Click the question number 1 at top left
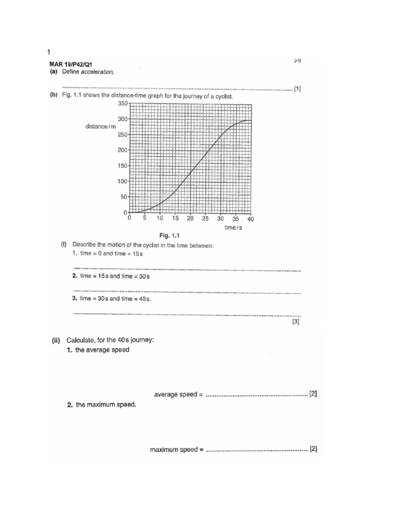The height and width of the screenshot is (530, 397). pyautogui.click(x=49, y=52)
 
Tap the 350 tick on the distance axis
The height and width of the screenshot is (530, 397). pyautogui.click(x=122, y=104)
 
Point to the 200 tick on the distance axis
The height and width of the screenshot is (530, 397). pyautogui.click(x=122, y=150)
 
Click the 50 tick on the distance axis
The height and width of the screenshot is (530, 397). pyautogui.click(x=124, y=197)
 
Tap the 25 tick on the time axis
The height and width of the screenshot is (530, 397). pyautogui.click(x=206, y=219)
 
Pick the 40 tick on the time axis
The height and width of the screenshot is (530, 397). pyautogui.click(x=251, y=219)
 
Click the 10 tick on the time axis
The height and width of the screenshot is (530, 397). pyautogui.click(x=160, y=219)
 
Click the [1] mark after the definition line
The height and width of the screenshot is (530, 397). pyautogui.click(x=297, y=89)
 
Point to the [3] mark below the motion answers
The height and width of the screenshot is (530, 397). pyautogui.click(x=296, y=321)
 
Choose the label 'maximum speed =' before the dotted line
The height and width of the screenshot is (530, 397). pyautogui.click(x=176, y=450)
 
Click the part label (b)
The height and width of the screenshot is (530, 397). pyautogui.click(x=53, y=97)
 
